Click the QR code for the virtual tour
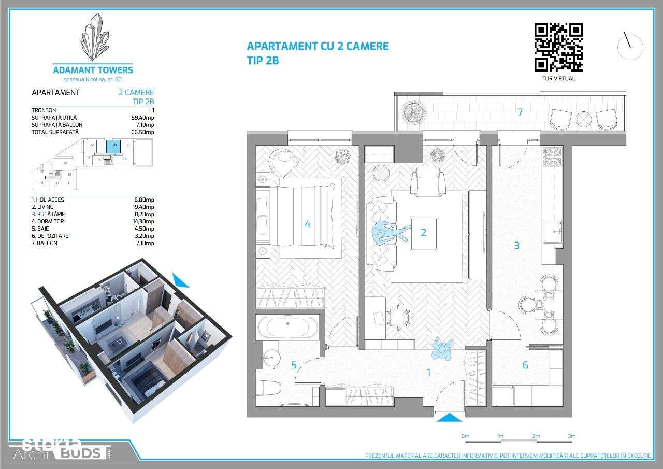tap(558, 47)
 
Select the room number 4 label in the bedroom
tap(308, 224)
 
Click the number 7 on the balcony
tap(520, 112)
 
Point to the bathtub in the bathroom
tap(288, 327)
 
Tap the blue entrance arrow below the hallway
tap(449, 418)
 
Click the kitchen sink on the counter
tap(553, 231)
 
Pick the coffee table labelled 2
tap(424, 233)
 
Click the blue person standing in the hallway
tap(442, 348)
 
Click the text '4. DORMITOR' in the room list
tap(48, 221)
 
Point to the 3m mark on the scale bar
tap(571, 436)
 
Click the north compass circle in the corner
tap(630, 47)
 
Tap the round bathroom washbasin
tap(271, 357)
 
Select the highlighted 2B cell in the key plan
tap(114, 145)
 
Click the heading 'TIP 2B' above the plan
tap(263, 60)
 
